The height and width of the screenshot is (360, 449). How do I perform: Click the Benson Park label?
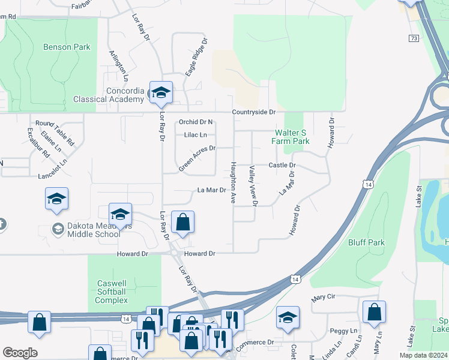click(67, 47)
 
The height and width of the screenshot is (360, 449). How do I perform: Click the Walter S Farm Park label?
click(292, 137)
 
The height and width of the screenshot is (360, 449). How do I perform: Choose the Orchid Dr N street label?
click(196, 122)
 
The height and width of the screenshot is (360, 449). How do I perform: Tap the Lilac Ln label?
click(195, 135)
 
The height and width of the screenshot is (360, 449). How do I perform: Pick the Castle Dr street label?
click(282, 165)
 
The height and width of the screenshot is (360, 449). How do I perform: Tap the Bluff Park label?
click(366, 242)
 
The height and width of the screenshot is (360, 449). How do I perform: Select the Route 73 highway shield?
click(414, 38)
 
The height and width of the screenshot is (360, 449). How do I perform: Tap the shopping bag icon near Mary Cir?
click(374, 313)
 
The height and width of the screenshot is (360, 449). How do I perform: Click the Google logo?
click(20, 353)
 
